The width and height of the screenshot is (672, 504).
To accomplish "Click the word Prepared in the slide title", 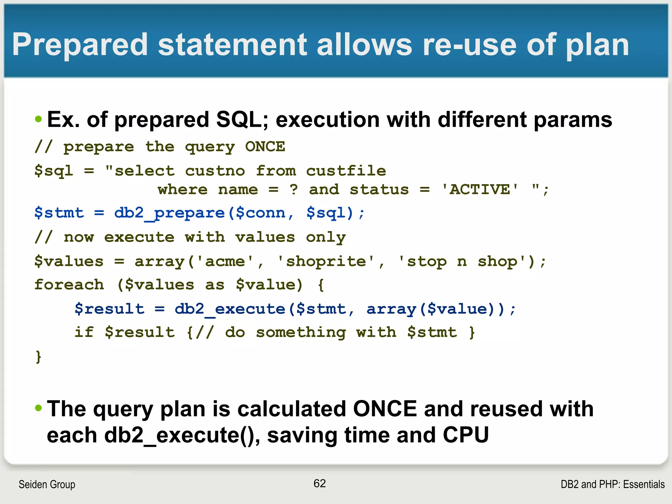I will pos(80,45).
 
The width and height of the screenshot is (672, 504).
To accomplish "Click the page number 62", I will pos(320,483).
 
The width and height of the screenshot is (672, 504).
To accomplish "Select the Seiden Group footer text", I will pos(47,484).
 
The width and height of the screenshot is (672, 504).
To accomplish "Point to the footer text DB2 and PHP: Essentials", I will pos(613,484).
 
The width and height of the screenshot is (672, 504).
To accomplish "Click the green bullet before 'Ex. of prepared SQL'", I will pos(38,119).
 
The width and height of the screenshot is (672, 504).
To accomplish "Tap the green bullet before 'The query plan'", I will pos(38,408).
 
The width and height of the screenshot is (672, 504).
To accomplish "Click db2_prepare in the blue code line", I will pos(169,213).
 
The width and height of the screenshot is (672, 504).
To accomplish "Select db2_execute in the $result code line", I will pos(230,309).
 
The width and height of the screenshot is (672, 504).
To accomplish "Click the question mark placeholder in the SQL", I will pos(294,190).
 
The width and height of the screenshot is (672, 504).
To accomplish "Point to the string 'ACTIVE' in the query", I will pos(480,190).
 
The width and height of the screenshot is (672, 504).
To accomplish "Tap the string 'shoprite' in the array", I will pos(326,262).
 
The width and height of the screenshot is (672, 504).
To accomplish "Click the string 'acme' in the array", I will pos(225,262).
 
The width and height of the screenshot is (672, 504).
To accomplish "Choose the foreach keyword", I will pos(69,285).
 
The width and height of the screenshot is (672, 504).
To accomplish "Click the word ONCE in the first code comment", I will pos(265,147).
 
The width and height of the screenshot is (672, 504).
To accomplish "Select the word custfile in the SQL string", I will pos(346,171).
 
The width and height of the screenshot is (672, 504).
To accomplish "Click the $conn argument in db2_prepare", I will pos(261,213).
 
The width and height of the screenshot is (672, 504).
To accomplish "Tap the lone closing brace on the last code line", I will pos(38,356).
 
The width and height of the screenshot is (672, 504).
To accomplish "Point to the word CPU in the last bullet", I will pos(466,435).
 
